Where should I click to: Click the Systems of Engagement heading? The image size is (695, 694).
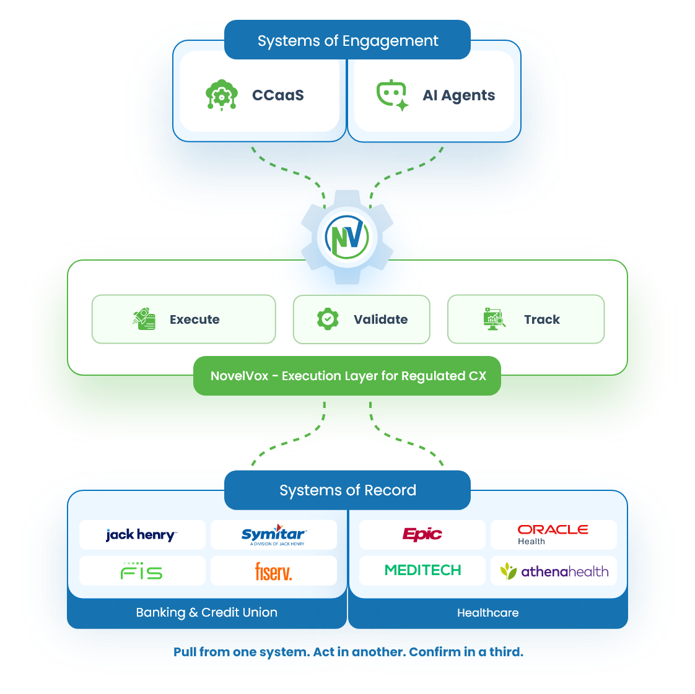[x=347, y=41]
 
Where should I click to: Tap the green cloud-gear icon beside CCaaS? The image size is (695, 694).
[x=221, y=95]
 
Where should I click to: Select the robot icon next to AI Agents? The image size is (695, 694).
[x=392, y=95]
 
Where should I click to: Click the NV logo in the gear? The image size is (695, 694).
[x=347, y=236]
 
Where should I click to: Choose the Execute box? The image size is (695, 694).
[x=183, y=319]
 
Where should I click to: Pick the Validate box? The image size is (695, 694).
[x=361, y=319]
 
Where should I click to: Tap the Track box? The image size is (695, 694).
[x=525, y=319]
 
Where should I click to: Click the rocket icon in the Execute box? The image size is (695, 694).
[x=144, y=319]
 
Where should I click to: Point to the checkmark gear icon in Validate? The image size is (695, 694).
[x=328, y=319]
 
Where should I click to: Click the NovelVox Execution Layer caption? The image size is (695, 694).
[x=347, y=376]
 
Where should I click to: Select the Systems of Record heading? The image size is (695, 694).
[x=347, y=490]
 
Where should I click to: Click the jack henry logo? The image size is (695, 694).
[x=142, y=535]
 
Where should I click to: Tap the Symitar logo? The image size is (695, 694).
[x=273, y=535]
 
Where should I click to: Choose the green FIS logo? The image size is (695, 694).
[x=142, y=571]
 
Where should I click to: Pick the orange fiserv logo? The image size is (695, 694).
[x=273, y=571]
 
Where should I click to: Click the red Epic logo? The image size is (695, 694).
[x=422, y=535]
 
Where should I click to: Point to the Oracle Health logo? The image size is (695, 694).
[x=553, y=534]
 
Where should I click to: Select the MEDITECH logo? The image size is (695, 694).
[x=422, y=570]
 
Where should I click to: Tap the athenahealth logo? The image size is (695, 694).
[x=554, y=571]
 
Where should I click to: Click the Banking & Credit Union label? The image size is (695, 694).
[x=206, y=612]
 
